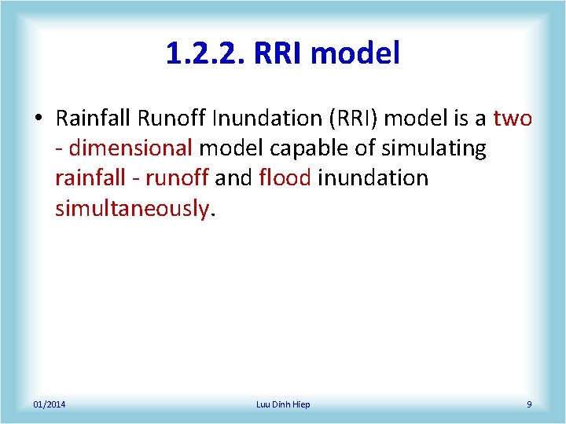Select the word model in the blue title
[x=356, y=53]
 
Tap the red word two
[x=513, y=119]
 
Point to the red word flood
[x=285, y=178]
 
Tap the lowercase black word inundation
[x=373, y=178]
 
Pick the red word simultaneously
[x=131, y=208]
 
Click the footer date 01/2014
[x=50, y=404]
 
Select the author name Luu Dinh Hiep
[x=283, y=404]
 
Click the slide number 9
[x=529, y=404]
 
